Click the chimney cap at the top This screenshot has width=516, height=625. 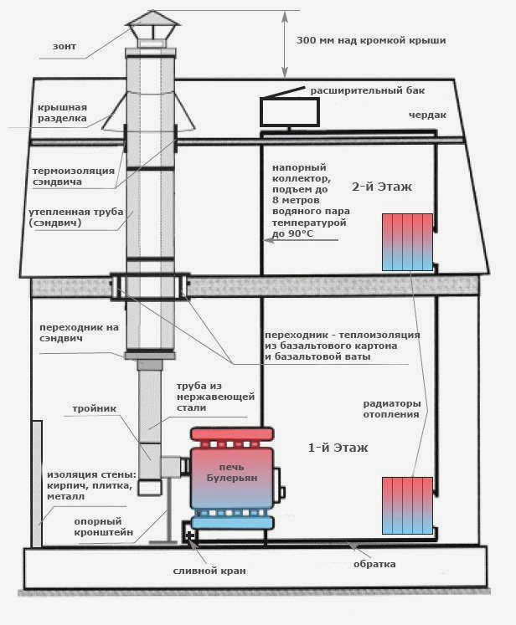pos(152,25)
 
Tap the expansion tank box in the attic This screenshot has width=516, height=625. pos(290,112)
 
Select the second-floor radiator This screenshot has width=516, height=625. pos(407,243)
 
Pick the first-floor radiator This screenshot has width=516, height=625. pos(407,505)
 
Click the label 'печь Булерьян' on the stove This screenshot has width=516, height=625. pos(232,473)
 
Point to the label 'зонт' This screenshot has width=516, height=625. pos(64,46)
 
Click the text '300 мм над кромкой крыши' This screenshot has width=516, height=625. pos(371,40)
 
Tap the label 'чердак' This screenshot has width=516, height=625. pos(427,115)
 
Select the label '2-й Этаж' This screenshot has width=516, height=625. pos(381,187)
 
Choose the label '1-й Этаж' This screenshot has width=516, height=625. pos(338,448)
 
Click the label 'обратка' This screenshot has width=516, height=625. pos(374,564)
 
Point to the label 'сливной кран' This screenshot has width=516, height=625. pos(209,571)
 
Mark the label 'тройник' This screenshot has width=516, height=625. pos(95,408)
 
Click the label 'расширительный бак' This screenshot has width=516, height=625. pos(368,91)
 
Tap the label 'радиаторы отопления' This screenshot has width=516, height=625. pos(392,409)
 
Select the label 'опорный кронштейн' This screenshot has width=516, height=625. pos(103,527)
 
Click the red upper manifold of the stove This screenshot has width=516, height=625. pos(232,434)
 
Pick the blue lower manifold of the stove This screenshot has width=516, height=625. pos(232,522)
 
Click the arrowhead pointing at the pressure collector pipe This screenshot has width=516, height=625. pos(268,240)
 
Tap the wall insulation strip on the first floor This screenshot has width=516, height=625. pos(37,484)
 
